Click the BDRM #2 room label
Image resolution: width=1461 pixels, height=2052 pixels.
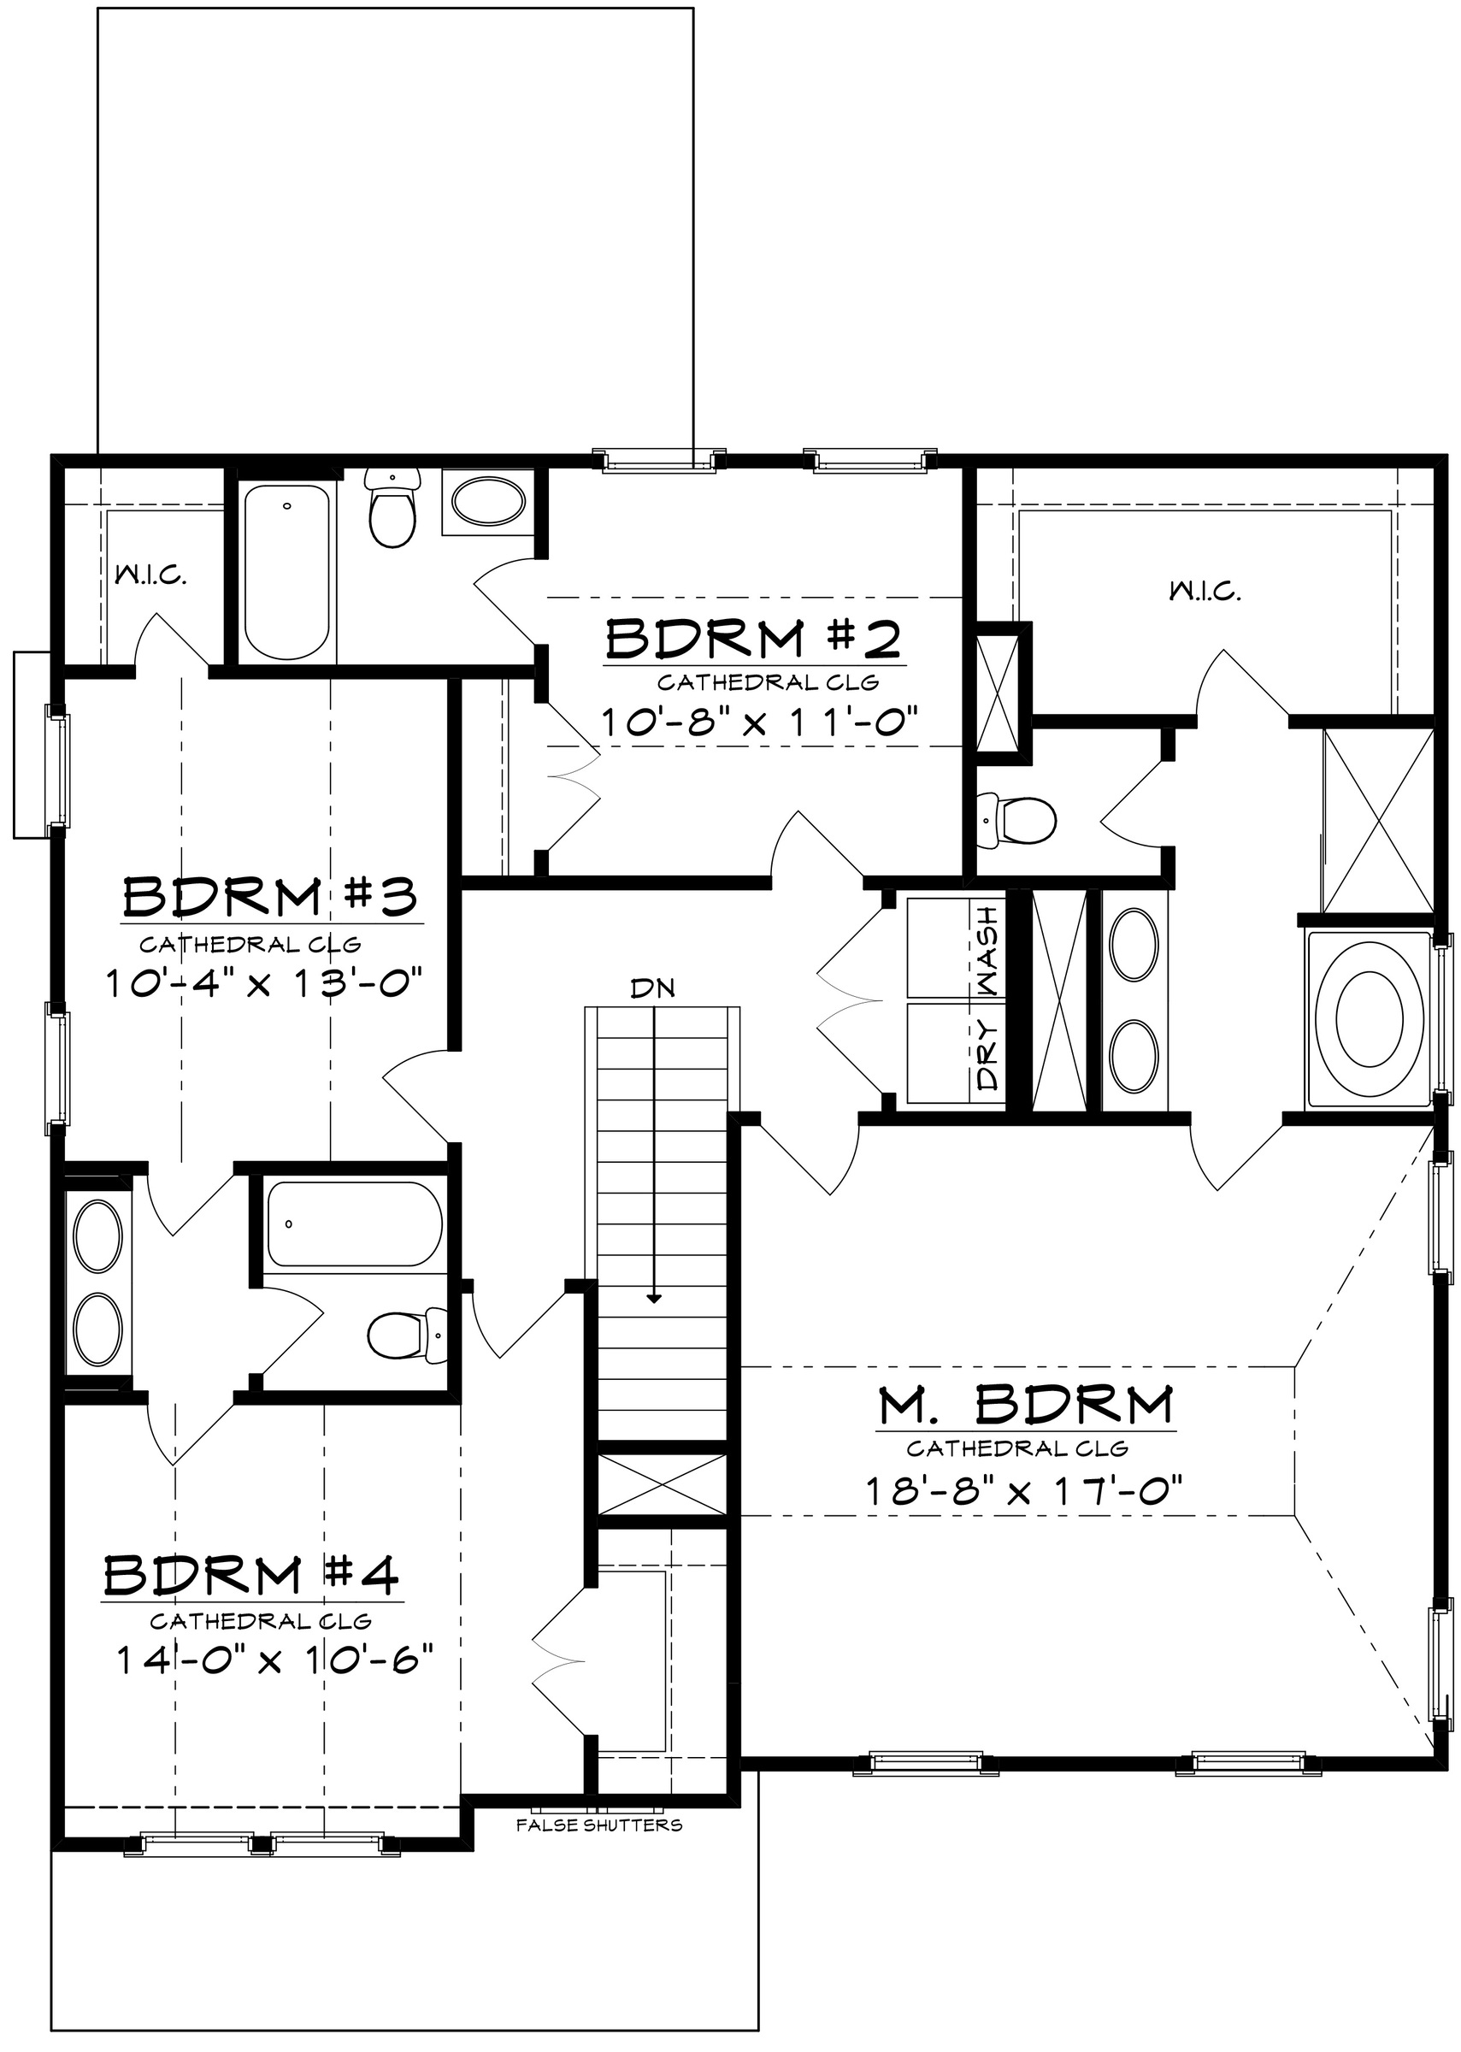click(753, 640)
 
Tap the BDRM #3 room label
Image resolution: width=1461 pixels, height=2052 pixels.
click(270, 896)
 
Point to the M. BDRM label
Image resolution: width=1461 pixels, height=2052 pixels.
click(1027, 1405)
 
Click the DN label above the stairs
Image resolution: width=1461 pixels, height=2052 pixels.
click(653, 988)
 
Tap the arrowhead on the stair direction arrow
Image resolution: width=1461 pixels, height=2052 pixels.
click(654, 1324)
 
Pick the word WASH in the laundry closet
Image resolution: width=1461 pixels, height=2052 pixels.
click(987, 951)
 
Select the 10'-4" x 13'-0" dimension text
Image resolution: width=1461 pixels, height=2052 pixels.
click(263, 982)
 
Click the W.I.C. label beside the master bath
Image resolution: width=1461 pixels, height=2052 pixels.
click(1205, 592)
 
